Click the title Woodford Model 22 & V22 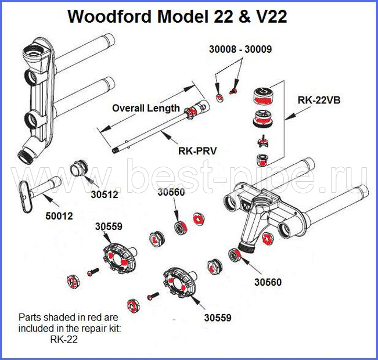click(x=178, y=17)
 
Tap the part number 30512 click(x=105, y=195)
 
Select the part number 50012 click(x=59, y=216)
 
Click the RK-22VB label click(x=319, y=100)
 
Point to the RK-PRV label click(x=197, y=151)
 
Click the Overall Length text click(x=146, y=108)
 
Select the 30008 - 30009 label click(x=240, y=49)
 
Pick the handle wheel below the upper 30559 click(x=120, y=258)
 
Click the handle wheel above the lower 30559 click(x=180, y=283)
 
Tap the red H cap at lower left click(x=73, y=282)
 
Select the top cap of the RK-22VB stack click(x=263, y=96)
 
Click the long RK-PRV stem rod click(x=161, y=127)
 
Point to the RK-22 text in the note click(x=64, y=339)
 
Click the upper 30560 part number click(x=171, y=192)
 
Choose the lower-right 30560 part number click(x=268, y=282)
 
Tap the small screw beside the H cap click(x=93, y=272)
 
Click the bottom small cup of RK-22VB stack click(x=262, y=160)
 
